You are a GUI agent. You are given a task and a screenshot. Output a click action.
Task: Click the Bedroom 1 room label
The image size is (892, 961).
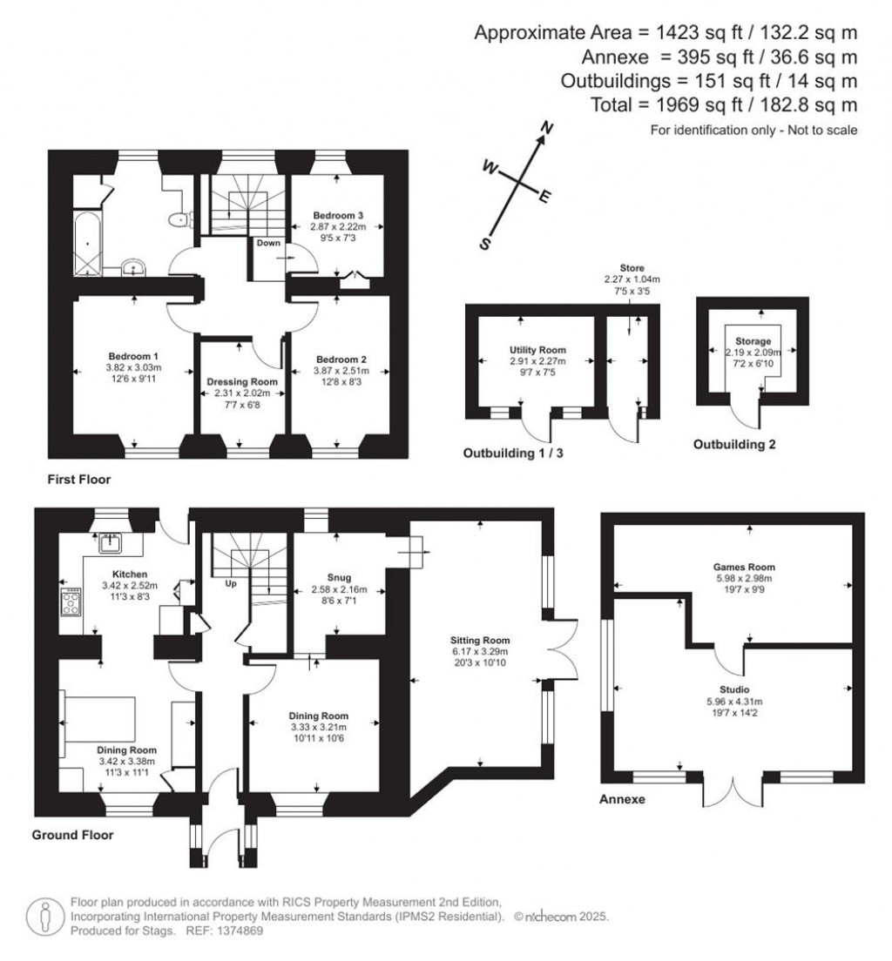[133, 356]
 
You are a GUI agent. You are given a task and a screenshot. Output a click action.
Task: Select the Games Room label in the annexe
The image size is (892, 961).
[731, 565]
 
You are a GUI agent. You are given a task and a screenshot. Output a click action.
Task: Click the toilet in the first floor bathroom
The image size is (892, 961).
[179, 219]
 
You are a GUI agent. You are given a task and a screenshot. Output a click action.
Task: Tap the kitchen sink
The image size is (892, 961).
[111, 545]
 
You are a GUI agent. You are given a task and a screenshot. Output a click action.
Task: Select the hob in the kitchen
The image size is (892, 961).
[70, 601]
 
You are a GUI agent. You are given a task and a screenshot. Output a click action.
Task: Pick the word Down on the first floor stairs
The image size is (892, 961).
[268, 243]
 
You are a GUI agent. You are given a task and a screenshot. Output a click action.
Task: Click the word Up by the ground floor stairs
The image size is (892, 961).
[231, 582]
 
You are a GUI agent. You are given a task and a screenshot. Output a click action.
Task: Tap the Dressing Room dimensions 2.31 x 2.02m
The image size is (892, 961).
[241, 393]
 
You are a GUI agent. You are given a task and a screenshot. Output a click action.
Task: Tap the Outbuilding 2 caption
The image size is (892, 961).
[733, 444]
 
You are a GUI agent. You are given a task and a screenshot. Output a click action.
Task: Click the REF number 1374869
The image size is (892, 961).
[227, 931]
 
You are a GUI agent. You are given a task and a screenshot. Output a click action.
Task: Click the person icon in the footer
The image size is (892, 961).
[43, 917]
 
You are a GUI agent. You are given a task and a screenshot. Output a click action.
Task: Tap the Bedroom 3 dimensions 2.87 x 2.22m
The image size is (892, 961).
[335, 227]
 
